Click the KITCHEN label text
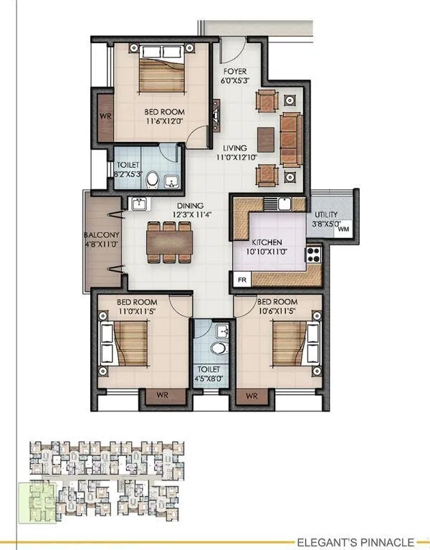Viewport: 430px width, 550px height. click(267, 247)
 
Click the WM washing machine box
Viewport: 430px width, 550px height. click(343, 229)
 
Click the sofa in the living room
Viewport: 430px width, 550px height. click(290, 131)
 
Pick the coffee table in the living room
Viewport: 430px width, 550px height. click(264, 134)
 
